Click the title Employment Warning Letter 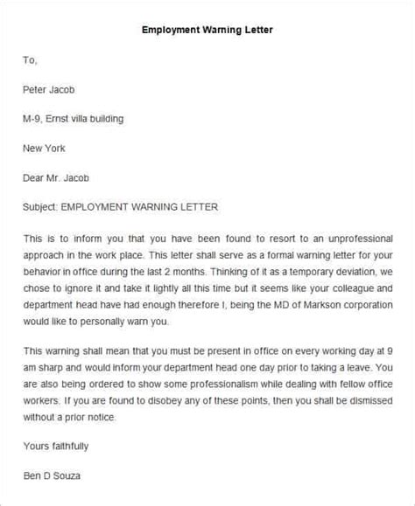pos(207,29)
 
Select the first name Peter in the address pos(38,88)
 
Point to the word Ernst pos(67,118)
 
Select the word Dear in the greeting pos(36,177)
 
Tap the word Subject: pos(44,207)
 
